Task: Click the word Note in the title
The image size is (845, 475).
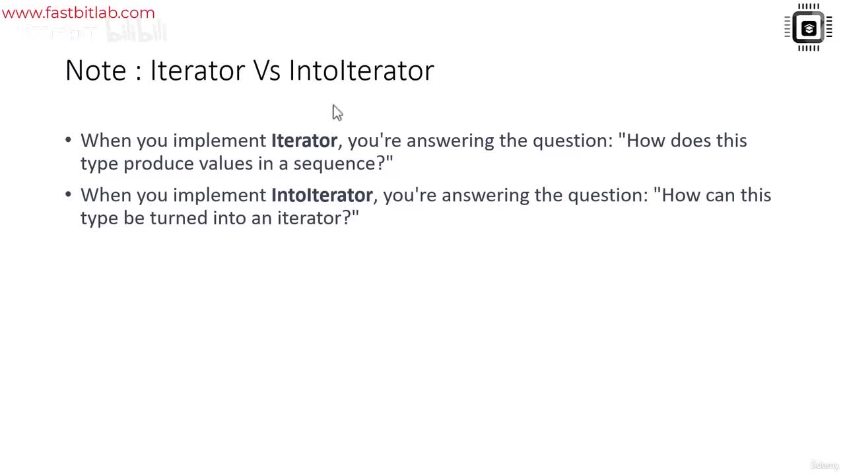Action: coord(95,71)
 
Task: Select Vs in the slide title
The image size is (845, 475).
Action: coord(267,71)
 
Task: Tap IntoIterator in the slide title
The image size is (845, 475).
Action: coord(361,71)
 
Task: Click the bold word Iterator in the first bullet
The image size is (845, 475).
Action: coord(304,141)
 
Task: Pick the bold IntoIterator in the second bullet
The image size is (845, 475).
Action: coord(321,195)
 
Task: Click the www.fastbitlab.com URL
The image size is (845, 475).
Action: coord(78,13)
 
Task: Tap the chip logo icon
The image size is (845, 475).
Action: coord(808,28)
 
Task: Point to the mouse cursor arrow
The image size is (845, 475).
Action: coord(337,112)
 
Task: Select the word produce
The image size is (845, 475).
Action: coord(158,164)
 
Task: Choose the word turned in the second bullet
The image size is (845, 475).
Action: coord(178,218)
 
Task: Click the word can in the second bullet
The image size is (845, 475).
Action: coord(719,195)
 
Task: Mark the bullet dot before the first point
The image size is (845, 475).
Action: coord(69,141)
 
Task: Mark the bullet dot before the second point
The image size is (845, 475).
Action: coord(69,195)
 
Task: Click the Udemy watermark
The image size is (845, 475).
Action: coord(824,465)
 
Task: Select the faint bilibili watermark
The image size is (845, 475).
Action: coord(136,32)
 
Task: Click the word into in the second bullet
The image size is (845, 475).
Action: coord(229,218)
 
